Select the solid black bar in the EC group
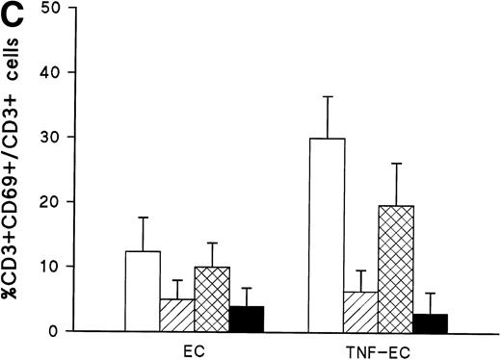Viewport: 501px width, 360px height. tap(248, 319)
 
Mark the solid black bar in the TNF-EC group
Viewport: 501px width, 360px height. tap(431, 322)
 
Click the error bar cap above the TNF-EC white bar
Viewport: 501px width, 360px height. tap(326, 96)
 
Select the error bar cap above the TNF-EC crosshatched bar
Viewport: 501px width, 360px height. tap(396, 164)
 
